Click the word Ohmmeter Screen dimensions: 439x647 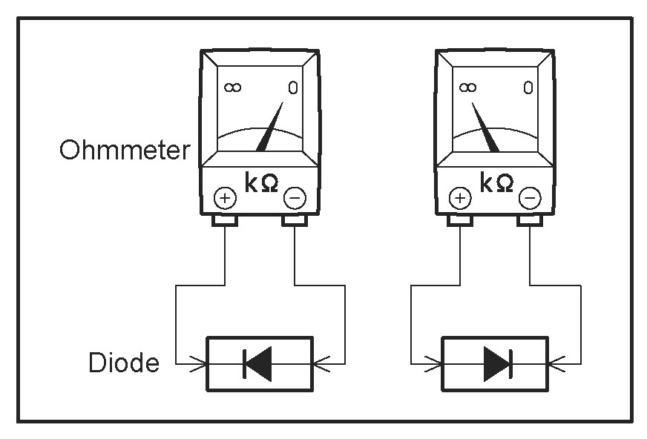[124, 151]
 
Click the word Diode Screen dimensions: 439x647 [124, 363]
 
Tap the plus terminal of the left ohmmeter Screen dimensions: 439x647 [225, 198]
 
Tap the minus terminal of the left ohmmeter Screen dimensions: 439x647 [294, 198]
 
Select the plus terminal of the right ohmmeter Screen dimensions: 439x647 [461, 198]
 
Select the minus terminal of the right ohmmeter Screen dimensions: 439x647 [530, 198]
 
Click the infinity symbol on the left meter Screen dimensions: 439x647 [232, 88]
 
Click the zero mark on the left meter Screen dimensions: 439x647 [294, 88]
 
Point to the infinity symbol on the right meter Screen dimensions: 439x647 [467, 88]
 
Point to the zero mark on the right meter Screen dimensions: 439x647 [528, 88]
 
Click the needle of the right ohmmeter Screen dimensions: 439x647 [484, 126]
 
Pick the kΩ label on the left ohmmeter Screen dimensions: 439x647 [260, 182]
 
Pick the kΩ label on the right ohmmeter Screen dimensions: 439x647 [496, 182]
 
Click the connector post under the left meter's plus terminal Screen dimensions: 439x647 [225, 221]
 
